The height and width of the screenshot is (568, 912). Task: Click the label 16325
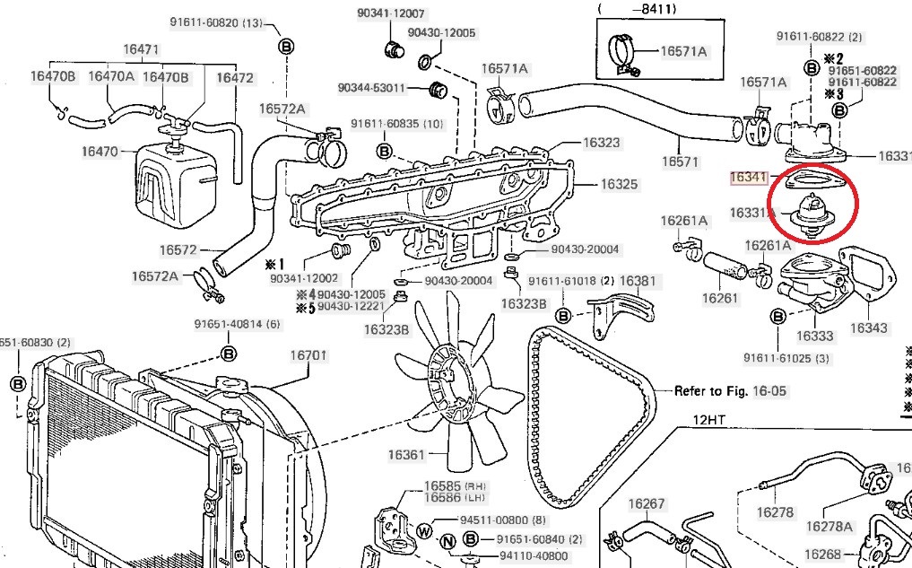click(619, 185)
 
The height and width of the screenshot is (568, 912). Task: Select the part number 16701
click(308, 354)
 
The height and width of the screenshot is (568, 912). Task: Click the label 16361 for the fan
click(406, 455)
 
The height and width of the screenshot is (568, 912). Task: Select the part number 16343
click(868, 328)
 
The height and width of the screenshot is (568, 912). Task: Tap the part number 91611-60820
click(205, 22)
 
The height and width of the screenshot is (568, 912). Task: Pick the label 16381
click(638, 281)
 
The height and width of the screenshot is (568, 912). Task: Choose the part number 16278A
click(829, 527)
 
